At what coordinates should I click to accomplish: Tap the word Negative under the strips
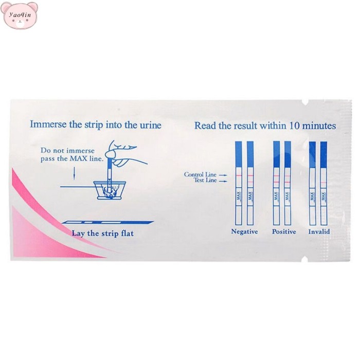tap(244, 231)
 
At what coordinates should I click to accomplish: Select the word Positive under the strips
tap(284, 231)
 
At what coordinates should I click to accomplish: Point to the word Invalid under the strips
tap(319, 231)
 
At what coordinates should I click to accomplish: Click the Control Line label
tap(200, 174)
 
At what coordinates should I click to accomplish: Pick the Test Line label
tap(205, 180)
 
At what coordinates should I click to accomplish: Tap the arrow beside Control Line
tap(223, 175)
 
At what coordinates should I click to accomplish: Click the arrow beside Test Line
tap(223, 181)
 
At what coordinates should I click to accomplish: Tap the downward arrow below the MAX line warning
tap(74, 173)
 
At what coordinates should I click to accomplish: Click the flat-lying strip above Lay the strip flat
tap(107, 222)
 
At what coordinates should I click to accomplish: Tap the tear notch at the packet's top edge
tap(305, 102)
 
